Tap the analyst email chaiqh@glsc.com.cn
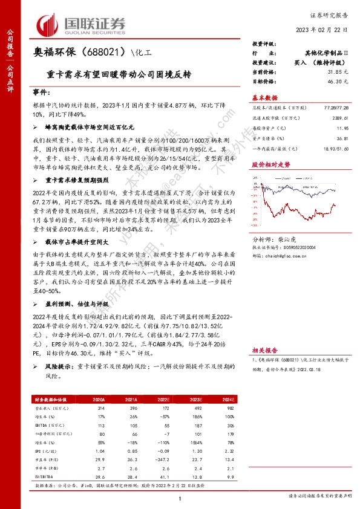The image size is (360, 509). (285, 254)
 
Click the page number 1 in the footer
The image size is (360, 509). (180, 497)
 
